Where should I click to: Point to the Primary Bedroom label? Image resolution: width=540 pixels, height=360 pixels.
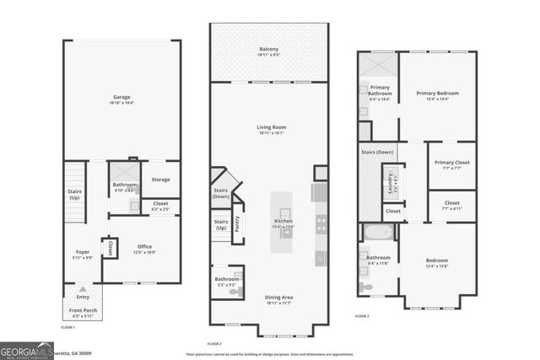click(x=438, y=94)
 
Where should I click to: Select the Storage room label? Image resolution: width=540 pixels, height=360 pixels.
click(x=160, y=180)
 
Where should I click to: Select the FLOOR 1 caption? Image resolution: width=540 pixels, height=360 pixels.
click(x=68, y=327)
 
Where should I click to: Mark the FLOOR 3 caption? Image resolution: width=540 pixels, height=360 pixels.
click(x=361, y=315)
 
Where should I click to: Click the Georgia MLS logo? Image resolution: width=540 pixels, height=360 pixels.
click(x=25, y=350)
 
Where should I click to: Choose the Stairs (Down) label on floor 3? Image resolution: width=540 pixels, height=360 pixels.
click(x=379, y=152)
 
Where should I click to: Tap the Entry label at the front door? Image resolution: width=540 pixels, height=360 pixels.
click(x=83, y=297)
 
